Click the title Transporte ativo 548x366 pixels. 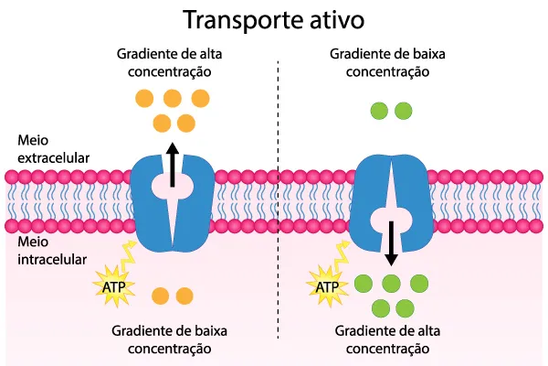click(x=274, y=19)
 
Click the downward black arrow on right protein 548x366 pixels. click(x=391, y=239)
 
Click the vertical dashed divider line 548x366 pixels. click(x=278, y=183)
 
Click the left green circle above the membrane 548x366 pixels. click(x=377, y=112)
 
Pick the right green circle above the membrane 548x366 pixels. click(x=403, y=112)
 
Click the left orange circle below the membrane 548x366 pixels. click(x=161, y=296)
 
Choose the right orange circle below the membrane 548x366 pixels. click(x=185, y=296)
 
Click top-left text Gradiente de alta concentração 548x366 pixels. click(x=170, y=62)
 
